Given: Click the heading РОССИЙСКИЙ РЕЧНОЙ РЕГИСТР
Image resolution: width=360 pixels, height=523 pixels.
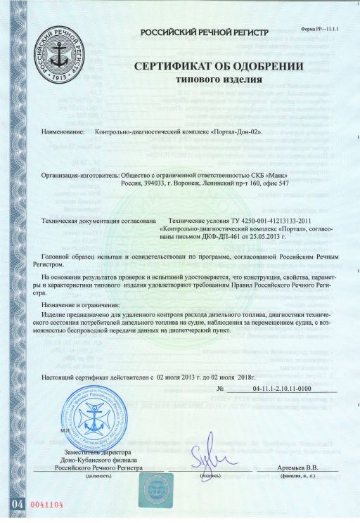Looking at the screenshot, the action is (x=205, y=32).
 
